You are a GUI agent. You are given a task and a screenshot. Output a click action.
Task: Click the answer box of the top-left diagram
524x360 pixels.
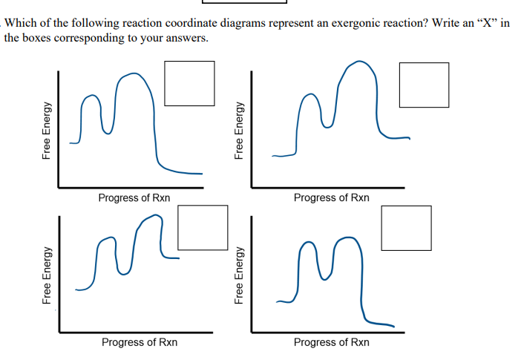tap(189, 83)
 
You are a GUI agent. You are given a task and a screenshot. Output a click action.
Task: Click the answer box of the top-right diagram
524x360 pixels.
tap(424, 84)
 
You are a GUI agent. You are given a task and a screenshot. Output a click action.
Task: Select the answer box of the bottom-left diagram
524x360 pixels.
tap(203, 227)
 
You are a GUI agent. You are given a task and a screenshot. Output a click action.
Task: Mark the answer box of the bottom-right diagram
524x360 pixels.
tap(406, 228)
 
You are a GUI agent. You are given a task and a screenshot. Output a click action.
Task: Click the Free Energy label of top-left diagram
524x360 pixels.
tap(47, 131)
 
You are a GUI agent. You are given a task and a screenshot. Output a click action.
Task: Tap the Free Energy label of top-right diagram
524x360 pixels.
tap(239, 131)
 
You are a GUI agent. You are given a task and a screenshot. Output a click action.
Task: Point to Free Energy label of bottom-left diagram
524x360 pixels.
tap(47, 275)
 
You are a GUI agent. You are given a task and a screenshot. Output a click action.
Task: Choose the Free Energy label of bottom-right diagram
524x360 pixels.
tap(239, 275)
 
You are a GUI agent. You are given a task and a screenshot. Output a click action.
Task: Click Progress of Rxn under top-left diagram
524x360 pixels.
tap(134, 197)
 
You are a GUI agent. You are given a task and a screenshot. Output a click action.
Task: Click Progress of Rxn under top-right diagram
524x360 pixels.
tap(331, 197)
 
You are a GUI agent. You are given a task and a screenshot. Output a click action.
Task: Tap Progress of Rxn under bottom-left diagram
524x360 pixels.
tap(139, 342)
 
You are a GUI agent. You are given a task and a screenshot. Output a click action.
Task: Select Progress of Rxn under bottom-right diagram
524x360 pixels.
tap(331, 342)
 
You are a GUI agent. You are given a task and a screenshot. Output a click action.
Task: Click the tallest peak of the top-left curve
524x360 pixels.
tap(132, 73)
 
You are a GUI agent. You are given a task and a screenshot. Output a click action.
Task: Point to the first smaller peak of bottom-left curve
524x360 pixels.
tap(108, 238)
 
